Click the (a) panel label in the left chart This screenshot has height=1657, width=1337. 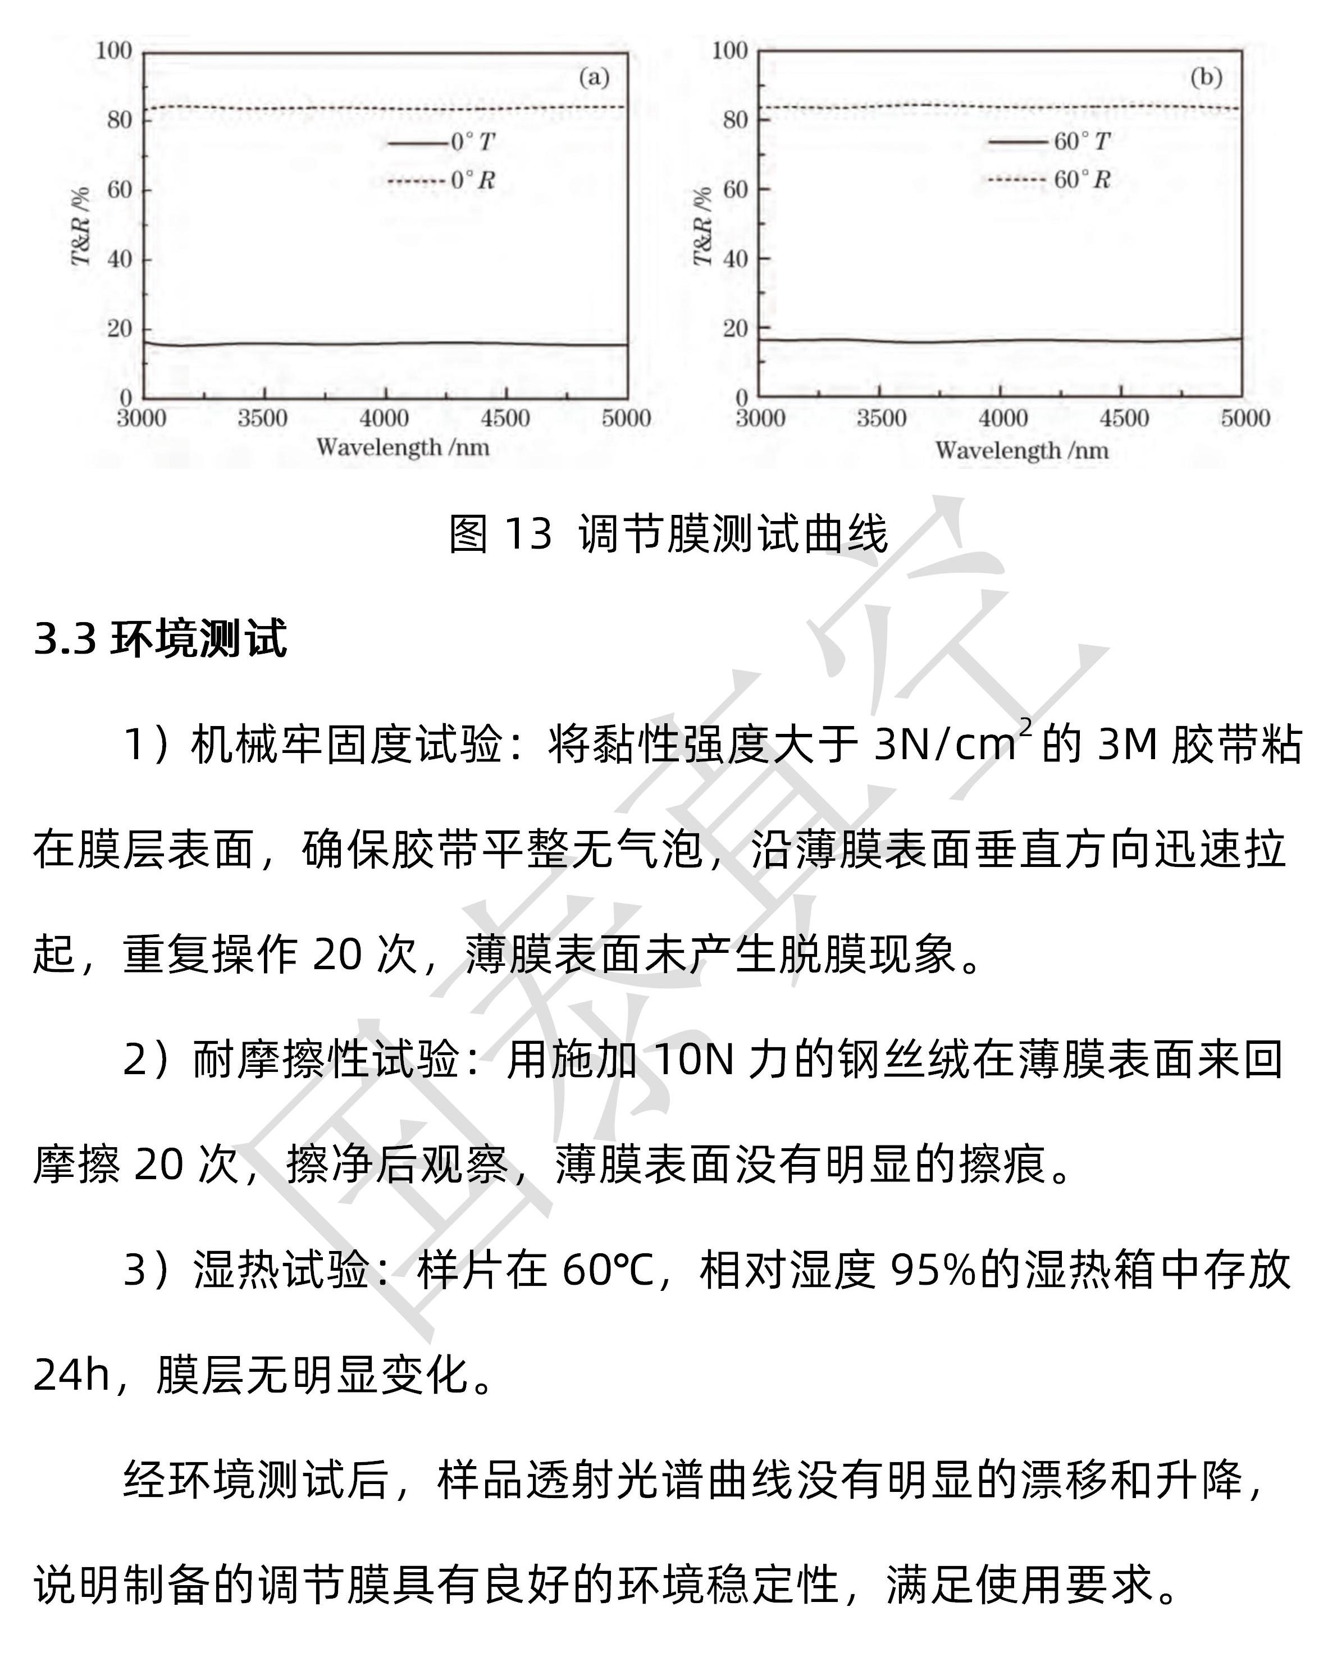coord(594,77)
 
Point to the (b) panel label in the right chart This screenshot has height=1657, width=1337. coord(1206,77)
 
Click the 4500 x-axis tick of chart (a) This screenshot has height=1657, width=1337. coord(505,419)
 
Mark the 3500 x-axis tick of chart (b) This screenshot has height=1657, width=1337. coord(881,419)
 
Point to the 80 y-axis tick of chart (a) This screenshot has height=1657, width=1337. coord(120,120)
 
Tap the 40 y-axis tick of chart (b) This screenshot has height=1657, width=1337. coord(736,259)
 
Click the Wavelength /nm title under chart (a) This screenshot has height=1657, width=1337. coord(402,448)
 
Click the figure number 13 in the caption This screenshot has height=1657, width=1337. coord(528,533)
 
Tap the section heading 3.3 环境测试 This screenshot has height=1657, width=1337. coord(160,638)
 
